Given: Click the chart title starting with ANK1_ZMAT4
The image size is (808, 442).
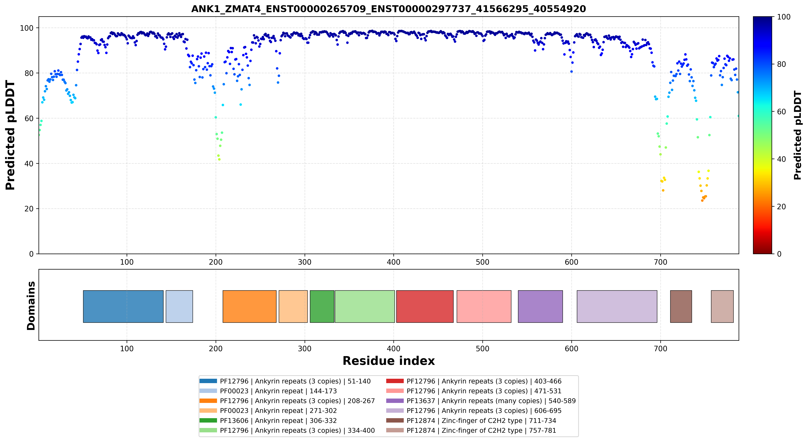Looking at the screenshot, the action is (x=388, y=9).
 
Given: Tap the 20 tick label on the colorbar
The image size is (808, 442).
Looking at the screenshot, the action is (x=781, y=207).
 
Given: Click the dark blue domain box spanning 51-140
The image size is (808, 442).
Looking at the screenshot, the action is (x=123, y=306).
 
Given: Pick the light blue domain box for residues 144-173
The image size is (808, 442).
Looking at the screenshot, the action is (x=179, y=306).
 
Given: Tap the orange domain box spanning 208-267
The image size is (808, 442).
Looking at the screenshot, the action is (x=250, y=306).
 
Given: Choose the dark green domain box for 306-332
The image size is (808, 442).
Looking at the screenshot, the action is (x=322, y=306).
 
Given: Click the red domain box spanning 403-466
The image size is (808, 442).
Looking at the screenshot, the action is (x=425, y=306).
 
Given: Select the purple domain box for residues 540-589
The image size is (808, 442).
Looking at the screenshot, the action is (x=540, y=306).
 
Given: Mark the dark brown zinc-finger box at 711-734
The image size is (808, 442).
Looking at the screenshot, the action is (x=681, y=306).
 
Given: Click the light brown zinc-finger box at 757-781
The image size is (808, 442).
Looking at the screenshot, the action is (x=722, y=306).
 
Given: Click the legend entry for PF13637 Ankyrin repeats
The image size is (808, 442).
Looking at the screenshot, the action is (x=481, y=401).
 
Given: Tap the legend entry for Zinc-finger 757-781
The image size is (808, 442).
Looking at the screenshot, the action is (x=471, y=430).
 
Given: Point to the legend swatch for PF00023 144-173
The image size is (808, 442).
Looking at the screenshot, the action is (x=208, y=391).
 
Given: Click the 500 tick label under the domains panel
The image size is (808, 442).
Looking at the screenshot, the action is (x=482, y=348).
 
